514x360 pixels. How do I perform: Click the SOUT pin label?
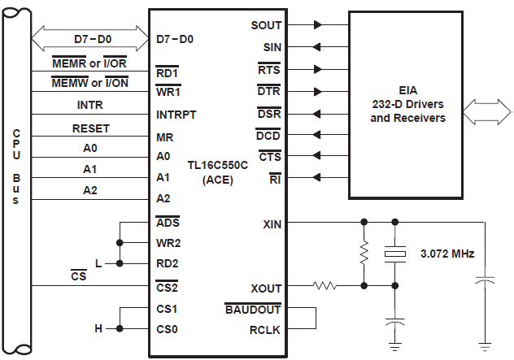pyautogui.click(x=266, y=26)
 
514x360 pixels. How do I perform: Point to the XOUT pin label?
pyautogui.click(x=267, y=287)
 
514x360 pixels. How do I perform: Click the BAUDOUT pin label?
pyautogui.click(x=253, y=309)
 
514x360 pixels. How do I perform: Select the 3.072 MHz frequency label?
pyautogui.click(x=447, y=254)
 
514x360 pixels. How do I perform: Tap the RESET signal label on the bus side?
pyautogui.click(x=90, y=128)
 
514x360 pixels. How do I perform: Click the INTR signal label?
pyautogui.click(x=90, y=105)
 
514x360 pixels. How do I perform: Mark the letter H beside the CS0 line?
pyautogui.click(x=98, y=329)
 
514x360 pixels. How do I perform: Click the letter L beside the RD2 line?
pyautogui.click(x=98, y=264)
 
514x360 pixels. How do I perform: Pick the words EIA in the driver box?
pyautogui.click(x=407, y=90)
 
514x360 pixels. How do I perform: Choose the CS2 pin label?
pyautogui.click(x=167, y=287)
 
